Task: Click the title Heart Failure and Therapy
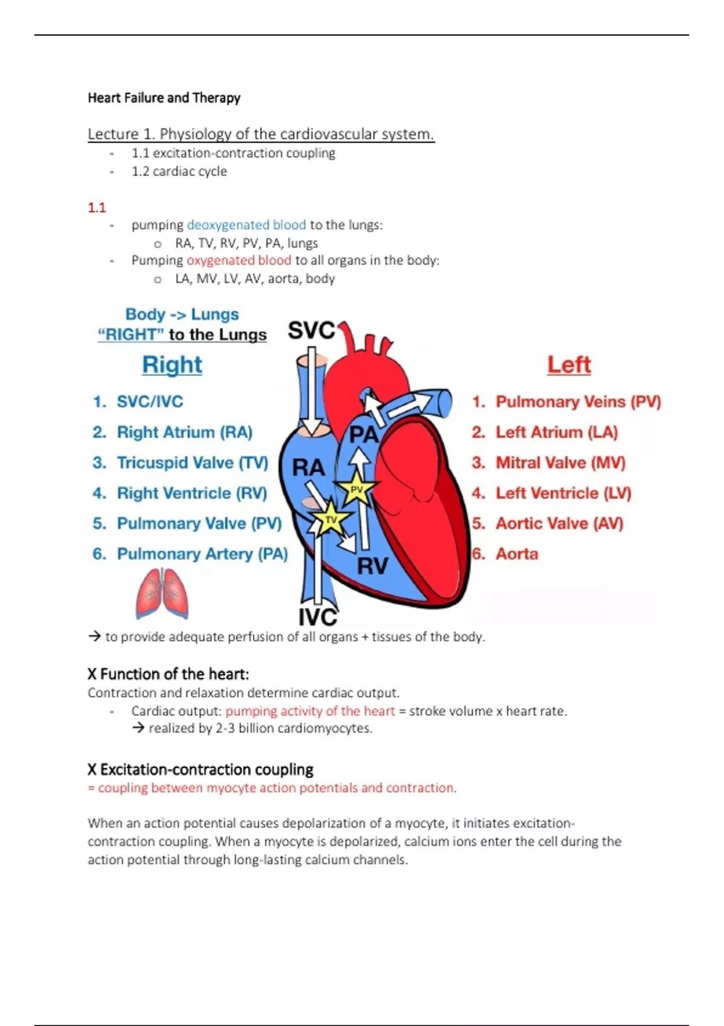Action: (164, 98)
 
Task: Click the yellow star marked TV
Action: (331, 519)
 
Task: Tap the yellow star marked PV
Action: (357, 489)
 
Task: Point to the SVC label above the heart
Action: (311, 331)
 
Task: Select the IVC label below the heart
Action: (318, 617)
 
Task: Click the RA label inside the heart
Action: (308, 467)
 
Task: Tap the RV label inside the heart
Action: (372, 566)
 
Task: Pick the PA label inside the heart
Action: (363, 435)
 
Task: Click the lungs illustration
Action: (162, 594)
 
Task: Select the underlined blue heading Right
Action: (172, 365)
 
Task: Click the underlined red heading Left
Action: (569, 365)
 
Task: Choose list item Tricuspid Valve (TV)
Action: (192, 463)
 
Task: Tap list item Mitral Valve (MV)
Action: (560, 463)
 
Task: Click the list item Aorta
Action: (516, 554)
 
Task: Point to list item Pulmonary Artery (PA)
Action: (202, 554)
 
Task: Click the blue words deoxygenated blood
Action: (246, 225)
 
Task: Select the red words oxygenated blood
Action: (239, 261)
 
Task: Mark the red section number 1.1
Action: (97, 208)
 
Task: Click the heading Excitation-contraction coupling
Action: (206, 770)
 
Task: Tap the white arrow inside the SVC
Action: (311, 398)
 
